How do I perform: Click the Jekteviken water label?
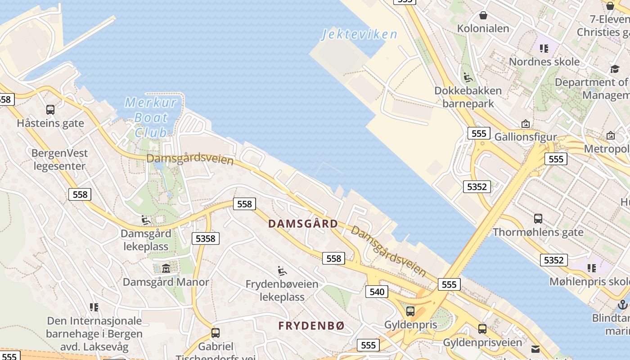(x=360, y=34)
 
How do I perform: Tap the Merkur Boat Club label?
(x=151, y=117)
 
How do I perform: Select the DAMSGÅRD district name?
(x=303, y=224)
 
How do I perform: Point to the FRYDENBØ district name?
(x=311, y=326)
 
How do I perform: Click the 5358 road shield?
(x=206, y=238)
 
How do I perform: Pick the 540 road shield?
(x=377, y=292)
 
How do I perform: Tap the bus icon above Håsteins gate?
(x=50, y=109)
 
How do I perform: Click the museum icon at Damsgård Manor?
(x=166, y=269)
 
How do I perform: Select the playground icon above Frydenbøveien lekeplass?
(x=282, y=271)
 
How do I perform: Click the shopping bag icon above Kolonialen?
(x=483, y=15)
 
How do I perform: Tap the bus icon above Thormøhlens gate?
(x=538, y=219)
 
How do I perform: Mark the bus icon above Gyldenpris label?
(x=410, y=311)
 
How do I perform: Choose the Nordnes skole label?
(x=544, y=62)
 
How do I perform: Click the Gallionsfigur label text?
(x=526, y=137)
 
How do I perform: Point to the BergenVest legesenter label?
(x=59, y=159)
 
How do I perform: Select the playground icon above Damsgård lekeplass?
(x=146, y=220)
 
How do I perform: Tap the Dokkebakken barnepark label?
(x=468, y=97)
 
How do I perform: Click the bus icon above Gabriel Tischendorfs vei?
(x=216, y=333)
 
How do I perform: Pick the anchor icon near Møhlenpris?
(x=623, y=305)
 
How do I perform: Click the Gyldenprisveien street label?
(x=483, y=342)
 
